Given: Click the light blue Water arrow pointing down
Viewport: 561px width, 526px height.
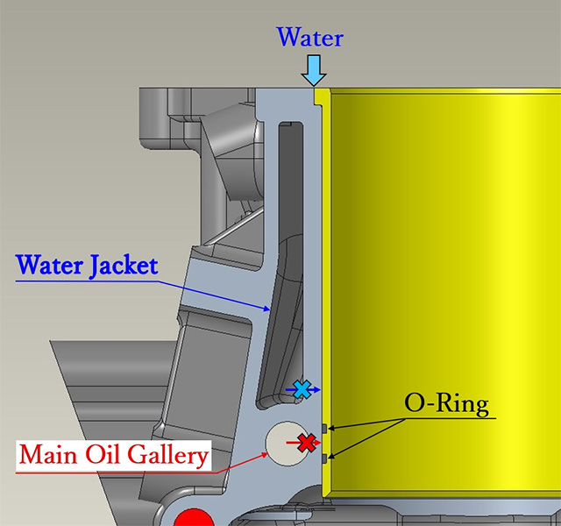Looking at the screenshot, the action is pos(314,70).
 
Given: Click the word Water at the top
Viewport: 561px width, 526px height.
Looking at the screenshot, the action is pos(309,37).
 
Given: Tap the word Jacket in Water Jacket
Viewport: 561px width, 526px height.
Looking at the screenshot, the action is pos(124,266).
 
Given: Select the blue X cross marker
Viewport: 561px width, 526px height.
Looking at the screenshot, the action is pos(302,389).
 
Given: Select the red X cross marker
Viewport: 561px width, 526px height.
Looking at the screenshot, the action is pos(307,443).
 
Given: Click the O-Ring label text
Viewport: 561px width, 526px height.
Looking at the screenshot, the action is pos(446,404).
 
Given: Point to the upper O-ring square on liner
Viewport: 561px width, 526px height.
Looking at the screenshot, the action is pos(324,428).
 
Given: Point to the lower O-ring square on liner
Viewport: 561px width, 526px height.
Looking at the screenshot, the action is pos(324,458).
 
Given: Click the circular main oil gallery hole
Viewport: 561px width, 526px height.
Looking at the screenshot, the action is pos(285,444).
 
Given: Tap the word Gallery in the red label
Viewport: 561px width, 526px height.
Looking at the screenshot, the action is pos(167,455).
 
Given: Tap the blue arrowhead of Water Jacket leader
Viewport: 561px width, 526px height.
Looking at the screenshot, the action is pos(266,309).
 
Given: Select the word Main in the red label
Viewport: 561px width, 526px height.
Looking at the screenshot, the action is pos(48,454).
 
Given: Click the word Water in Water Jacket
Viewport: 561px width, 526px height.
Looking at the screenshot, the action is pos(50,265).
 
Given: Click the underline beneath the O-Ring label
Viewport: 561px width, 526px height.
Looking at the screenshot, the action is pos(450,418).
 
